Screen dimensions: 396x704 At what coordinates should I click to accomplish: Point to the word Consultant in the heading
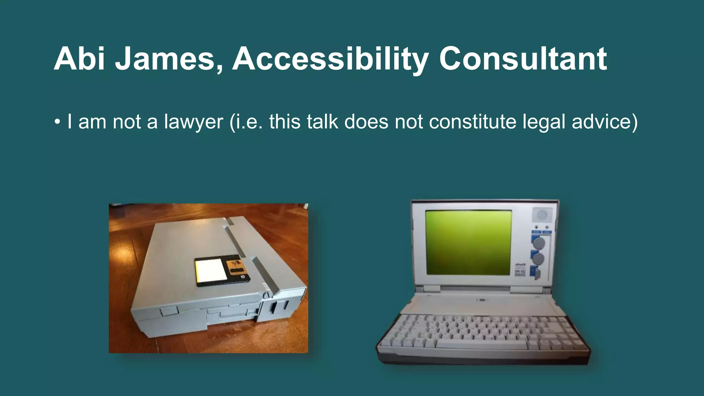point(522,59)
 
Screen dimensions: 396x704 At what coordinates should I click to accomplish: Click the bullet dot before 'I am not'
point(57,122)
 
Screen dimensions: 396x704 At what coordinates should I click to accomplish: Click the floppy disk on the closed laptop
point(222,271)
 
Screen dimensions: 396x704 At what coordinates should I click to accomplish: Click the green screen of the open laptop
point(468,242)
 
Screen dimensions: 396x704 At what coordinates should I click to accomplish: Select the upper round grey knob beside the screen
point(539,243)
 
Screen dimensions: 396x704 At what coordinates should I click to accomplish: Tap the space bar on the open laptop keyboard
point(481,345)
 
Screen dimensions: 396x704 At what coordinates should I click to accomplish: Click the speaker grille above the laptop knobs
point(542,215)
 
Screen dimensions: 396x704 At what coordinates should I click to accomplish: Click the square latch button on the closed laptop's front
point(169,312)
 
